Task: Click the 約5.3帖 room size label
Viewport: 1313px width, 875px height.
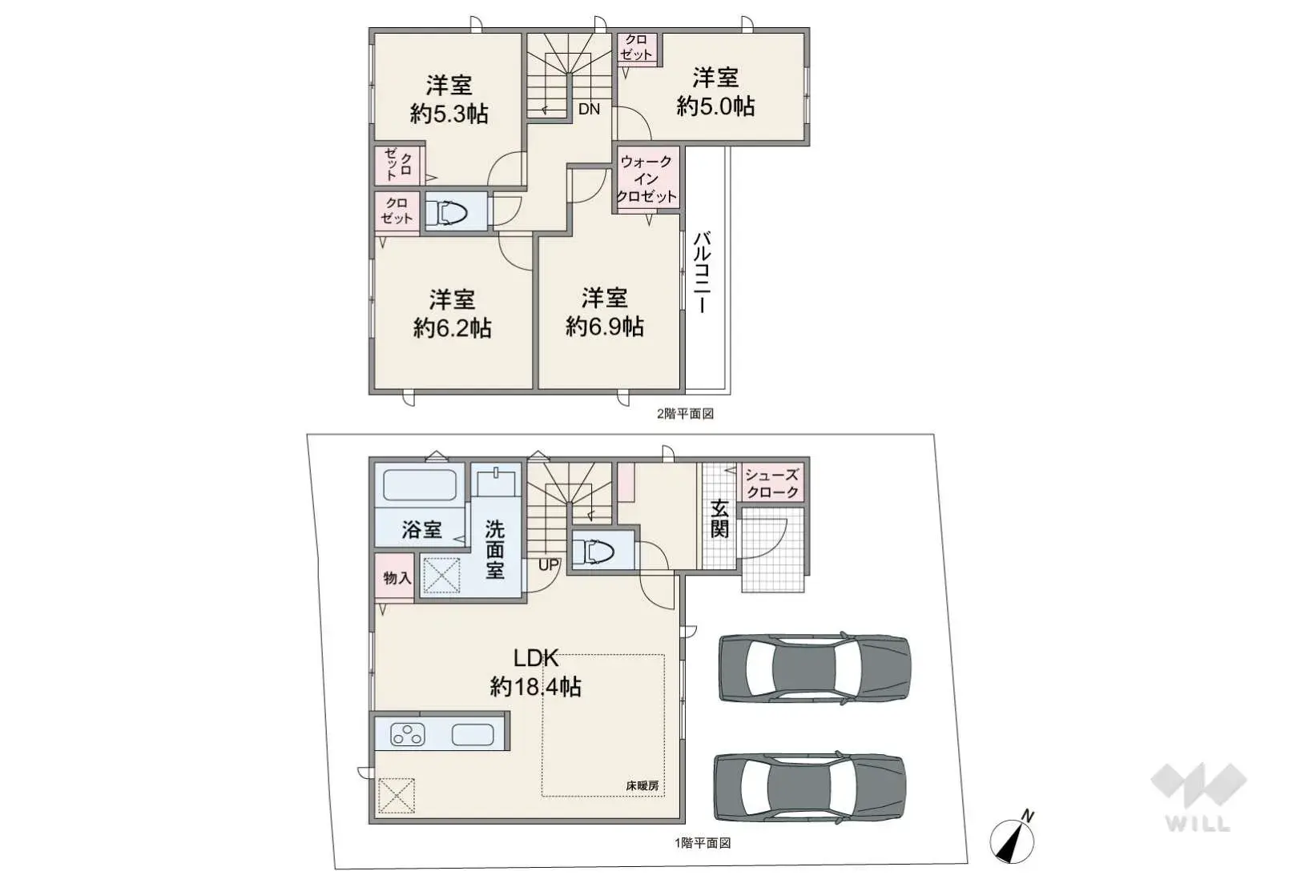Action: [449, 114]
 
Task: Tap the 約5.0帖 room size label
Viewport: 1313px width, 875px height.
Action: [715, 106]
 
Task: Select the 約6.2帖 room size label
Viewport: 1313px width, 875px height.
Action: [452, 328]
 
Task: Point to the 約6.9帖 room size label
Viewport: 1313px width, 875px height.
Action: [605, 327]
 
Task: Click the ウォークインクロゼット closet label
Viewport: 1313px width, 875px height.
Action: [646, 179]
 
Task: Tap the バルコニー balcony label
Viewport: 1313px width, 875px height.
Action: [703, 272]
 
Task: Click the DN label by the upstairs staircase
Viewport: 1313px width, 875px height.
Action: [589, 110]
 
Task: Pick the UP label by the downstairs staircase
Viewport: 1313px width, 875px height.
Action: [549, 565]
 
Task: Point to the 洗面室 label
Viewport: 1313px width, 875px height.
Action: [495, 549]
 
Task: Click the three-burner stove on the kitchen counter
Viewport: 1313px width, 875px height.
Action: [407, 734]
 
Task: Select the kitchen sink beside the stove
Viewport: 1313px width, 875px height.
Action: [473, 734]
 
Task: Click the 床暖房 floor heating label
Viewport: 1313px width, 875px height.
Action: [642, 786]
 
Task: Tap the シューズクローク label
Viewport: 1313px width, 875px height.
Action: [772, 484]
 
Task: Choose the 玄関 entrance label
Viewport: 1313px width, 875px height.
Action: [719, 519]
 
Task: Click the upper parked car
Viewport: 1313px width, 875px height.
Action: [814, 668]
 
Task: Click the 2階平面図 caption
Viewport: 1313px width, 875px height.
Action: [685, 414]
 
